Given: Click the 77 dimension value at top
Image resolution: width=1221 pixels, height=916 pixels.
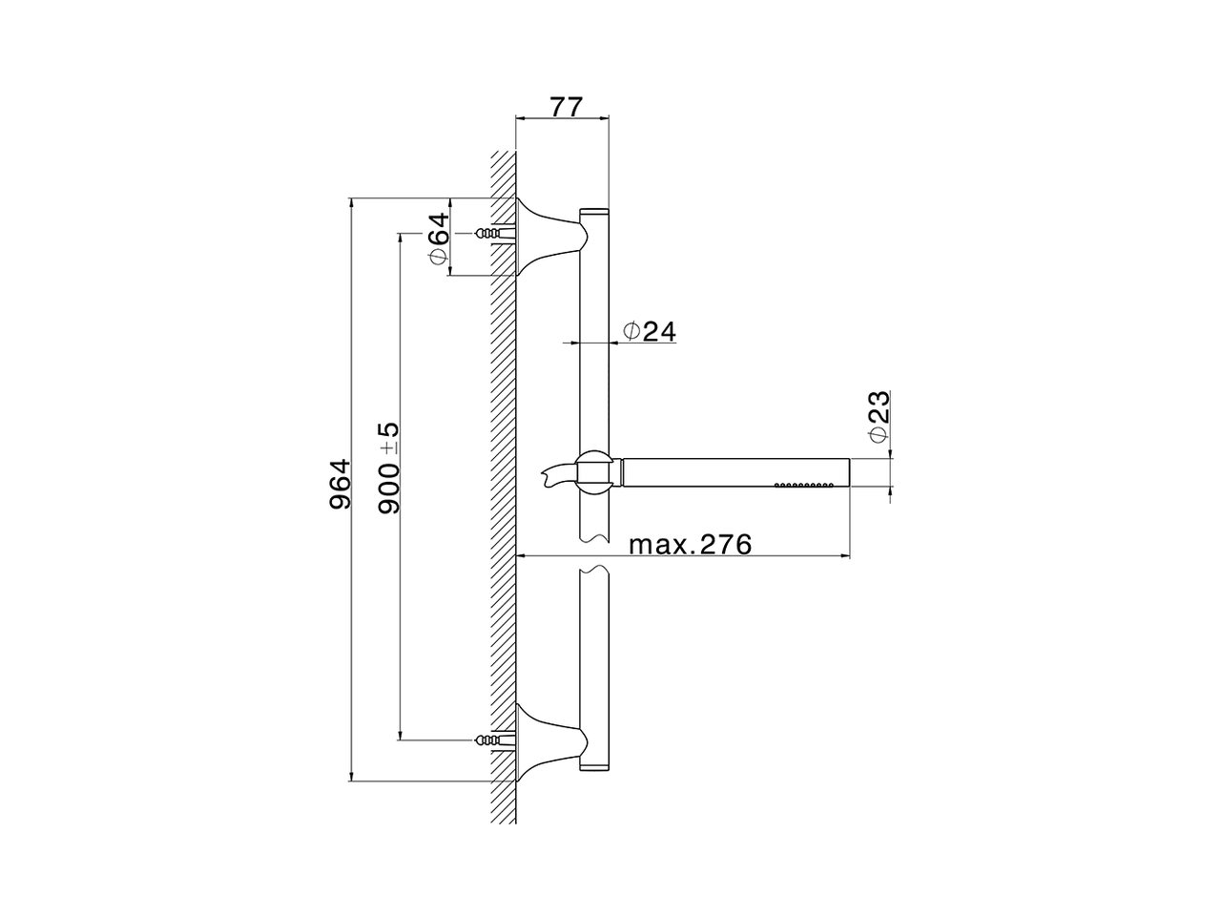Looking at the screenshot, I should coord(562,106).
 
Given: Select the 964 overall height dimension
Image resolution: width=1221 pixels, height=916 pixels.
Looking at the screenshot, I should coord(341,485).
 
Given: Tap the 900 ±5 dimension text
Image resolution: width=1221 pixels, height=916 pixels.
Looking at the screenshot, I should coord(388,467).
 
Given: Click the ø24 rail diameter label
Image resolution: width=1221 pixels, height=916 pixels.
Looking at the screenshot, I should coord(650,331).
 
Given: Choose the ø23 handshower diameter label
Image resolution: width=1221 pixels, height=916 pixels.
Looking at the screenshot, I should coord(879,416).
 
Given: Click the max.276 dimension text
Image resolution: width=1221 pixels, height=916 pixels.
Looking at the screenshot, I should coord(691,545).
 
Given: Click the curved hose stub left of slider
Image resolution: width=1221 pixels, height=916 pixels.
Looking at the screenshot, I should coord(557,473).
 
